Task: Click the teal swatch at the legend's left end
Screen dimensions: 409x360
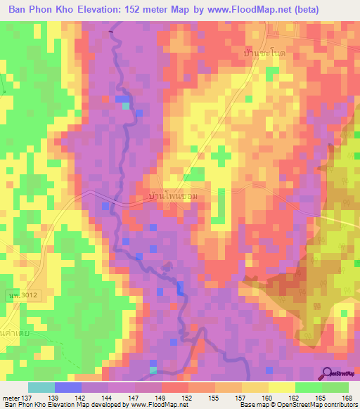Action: [x=41, y=387]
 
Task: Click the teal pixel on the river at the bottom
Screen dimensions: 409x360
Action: [x=153, y=370]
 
